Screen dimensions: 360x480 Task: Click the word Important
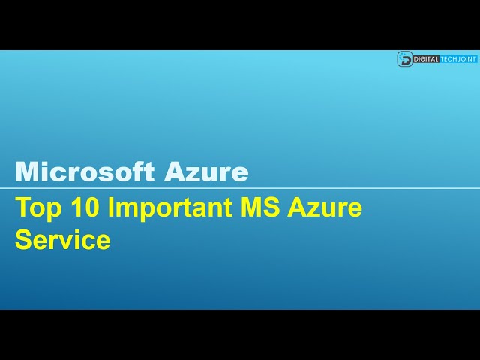click(169, 208)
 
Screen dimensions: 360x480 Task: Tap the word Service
click(63, 240)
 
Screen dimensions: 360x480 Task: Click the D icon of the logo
click(405, 59)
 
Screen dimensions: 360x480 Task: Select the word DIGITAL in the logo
click(426, 59)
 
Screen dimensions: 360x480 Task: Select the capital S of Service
click(24, 240)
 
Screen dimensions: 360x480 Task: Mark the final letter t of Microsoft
click(152, 173)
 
